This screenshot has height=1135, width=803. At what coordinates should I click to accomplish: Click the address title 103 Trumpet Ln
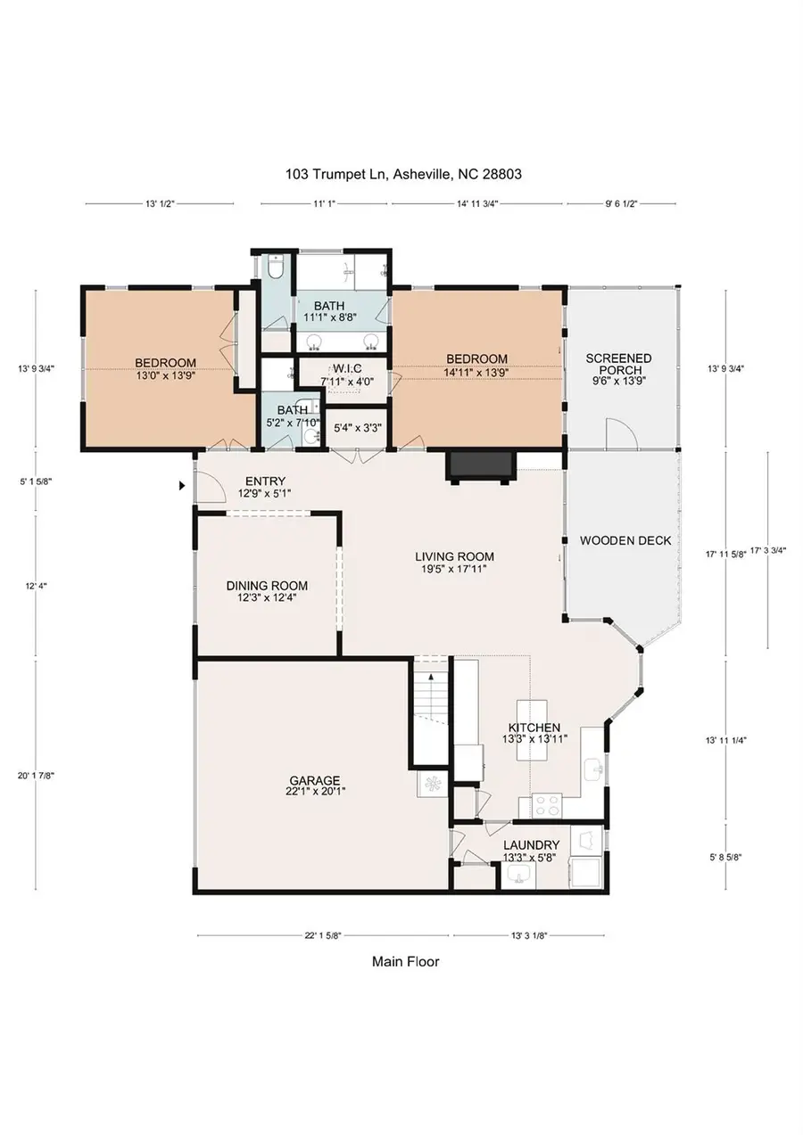click(403, 175)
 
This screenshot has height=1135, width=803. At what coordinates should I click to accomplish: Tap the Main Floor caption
click(405, 961)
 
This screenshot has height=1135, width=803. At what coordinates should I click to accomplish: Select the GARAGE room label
click(314, 785)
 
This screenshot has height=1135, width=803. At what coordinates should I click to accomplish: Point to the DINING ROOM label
click(267, 591)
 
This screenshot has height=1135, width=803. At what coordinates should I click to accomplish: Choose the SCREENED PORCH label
click(618, 368)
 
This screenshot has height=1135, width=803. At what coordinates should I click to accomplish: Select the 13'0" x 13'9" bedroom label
click(165, 368)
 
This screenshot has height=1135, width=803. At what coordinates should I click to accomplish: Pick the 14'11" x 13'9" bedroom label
click(476, 365)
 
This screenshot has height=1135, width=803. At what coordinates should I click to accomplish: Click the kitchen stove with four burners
click(546, 806)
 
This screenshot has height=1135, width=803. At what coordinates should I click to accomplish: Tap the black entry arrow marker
click(183, 486)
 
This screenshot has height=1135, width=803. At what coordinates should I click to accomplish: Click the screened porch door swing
click(620, 434)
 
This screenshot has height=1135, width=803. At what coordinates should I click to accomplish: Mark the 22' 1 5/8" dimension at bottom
click(322, 935)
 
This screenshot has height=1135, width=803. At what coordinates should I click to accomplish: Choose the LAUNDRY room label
click(531, 851)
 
